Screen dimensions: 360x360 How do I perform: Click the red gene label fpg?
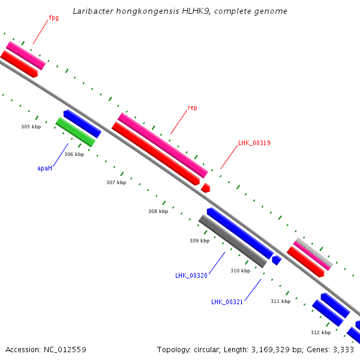pos(53,18)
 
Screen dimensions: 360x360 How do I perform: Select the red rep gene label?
pos(192,108)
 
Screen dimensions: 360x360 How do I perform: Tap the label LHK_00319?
pos(254,143)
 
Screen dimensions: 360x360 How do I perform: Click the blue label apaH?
pos(44,169)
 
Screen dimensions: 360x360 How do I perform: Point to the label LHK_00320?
pos(191,275)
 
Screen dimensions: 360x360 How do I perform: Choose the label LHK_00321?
pos(227,302)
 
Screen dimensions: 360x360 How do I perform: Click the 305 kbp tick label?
pos(31,127)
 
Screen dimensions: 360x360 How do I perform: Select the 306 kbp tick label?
pos(74,154)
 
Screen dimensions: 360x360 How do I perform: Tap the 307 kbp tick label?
pos(116,182)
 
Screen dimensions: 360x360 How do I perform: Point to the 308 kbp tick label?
pos(158,211)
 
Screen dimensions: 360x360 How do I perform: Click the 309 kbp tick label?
pos(199,241)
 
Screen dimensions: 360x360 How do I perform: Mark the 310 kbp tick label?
pos(240,271)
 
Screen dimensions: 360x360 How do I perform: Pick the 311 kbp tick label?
pos(280,301)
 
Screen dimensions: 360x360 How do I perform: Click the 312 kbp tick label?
pos(320,332)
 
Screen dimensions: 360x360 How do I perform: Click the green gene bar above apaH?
pos(75,132)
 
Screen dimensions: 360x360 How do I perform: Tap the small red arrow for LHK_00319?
pos(205,188)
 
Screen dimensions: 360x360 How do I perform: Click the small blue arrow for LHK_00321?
pos(277,260)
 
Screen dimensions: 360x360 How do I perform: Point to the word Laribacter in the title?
pos(93,11)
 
